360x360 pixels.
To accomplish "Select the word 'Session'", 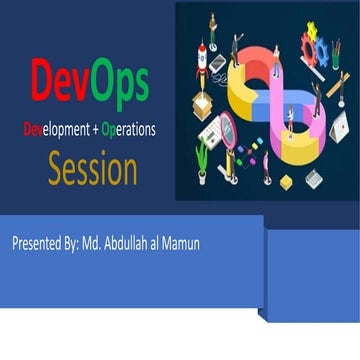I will coord(92,169).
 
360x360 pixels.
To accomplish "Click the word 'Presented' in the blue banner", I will coord(34,243).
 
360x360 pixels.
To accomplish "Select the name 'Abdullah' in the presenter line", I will coord(123,243).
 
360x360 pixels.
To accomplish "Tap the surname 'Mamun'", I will coord(178,243).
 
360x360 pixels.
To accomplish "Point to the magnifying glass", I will coord(226,130).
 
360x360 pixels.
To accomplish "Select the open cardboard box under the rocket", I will coord(203,103).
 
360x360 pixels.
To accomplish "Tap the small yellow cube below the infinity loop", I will coord(286,181).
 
